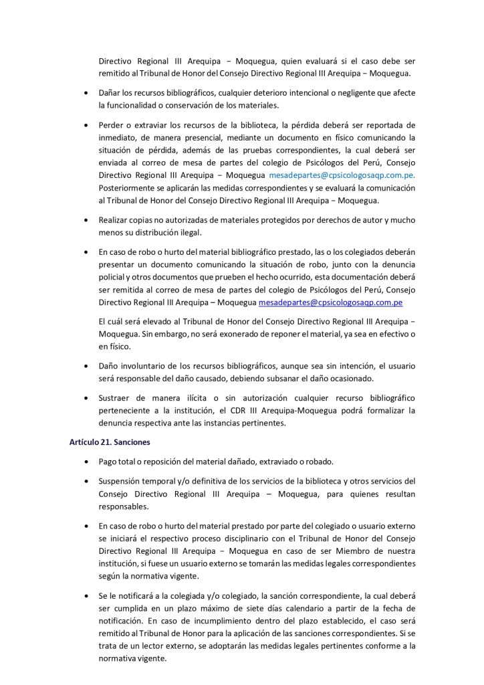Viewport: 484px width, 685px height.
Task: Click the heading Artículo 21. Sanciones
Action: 109,443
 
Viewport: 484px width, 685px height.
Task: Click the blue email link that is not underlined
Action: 342,175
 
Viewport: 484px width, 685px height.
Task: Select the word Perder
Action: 113,124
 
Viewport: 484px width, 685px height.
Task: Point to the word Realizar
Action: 116,220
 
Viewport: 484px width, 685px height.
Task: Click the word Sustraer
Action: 116,397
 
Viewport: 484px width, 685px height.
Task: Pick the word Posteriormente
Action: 130,188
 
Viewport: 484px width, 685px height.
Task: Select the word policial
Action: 113,277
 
